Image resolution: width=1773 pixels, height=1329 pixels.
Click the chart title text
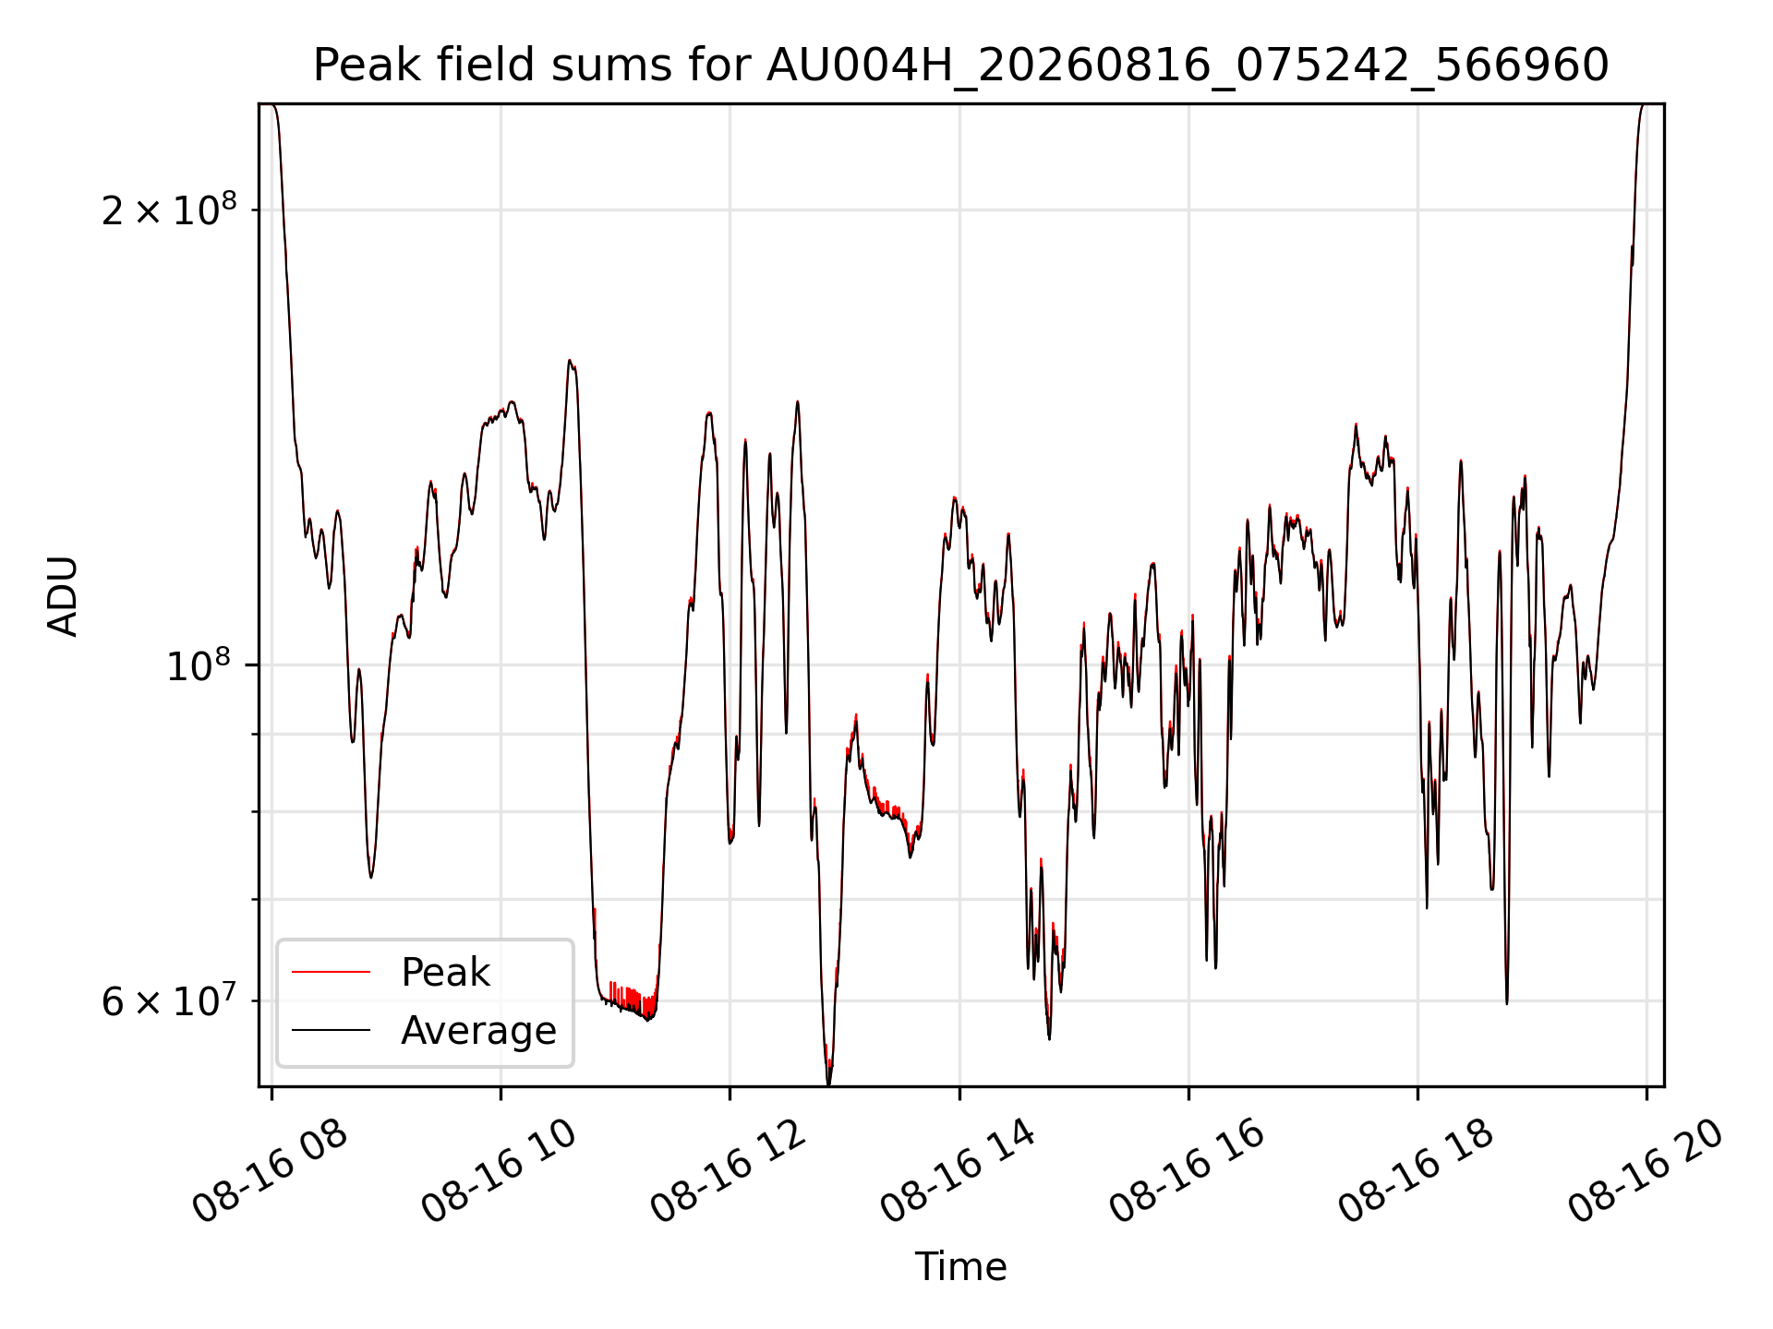960,66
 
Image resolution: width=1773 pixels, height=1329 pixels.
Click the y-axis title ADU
63,595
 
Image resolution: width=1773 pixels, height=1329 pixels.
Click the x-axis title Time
960,1266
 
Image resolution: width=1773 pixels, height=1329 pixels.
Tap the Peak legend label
445,973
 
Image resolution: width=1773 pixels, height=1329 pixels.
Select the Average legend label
478,1030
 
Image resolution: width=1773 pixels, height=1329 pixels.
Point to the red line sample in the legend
331,973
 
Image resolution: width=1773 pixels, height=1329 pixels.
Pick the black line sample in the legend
331,1030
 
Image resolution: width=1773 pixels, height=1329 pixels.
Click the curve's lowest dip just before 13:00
828,1083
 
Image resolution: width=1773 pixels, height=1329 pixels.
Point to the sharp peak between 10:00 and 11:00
570,361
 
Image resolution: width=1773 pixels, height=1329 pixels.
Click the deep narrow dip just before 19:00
1507,1002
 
